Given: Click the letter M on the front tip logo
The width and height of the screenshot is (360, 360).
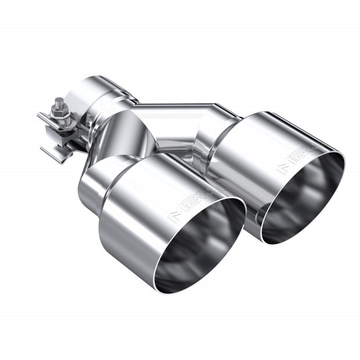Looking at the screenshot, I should [174, 217].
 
